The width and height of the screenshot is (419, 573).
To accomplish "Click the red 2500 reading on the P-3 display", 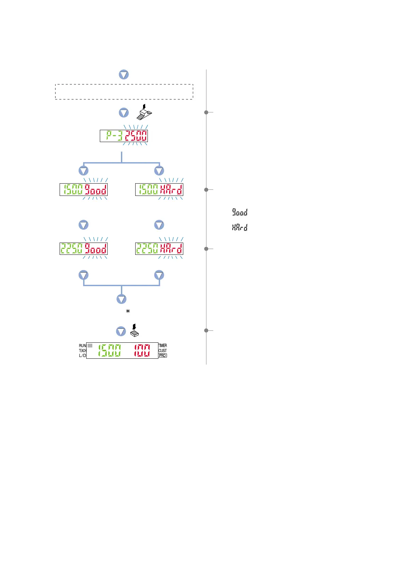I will point(136,136).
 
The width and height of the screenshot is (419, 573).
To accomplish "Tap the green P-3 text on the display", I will point(114,136).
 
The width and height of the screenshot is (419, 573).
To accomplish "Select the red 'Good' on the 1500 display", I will point(96,190).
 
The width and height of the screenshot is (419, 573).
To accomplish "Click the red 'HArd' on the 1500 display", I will point(171,190).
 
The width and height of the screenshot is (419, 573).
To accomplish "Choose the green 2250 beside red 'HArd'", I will point(147,249).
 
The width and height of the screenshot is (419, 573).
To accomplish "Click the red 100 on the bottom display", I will point(142,351).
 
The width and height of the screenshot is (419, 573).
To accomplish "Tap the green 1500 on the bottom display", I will point(109,351).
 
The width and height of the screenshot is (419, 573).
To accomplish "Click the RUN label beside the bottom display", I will point(82,346).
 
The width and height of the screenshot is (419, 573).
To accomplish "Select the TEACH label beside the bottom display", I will point(82,351).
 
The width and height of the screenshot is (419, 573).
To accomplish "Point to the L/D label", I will point(82,356).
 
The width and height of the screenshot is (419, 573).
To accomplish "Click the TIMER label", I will point(163,346).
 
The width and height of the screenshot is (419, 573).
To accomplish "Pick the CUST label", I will point(163,351).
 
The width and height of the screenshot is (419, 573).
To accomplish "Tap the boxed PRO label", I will point(163,356).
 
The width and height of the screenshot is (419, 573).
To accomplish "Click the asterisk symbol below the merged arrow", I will point(128,311).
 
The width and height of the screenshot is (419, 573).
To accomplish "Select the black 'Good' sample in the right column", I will point(240,213).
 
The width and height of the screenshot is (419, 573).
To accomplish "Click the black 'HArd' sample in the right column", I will point(240,228).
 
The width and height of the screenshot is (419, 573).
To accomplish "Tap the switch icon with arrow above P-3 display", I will point(144,113).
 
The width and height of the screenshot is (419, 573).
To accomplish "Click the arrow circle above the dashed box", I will point(124,75).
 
